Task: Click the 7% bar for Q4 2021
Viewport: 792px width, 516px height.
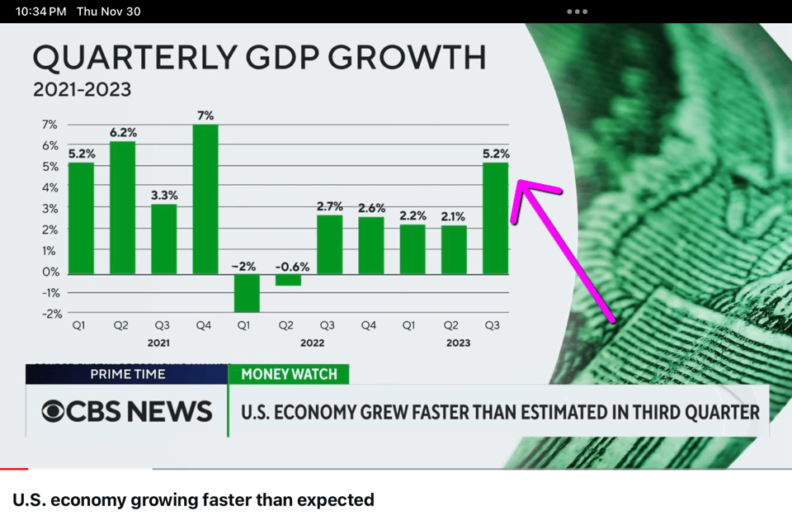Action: click(205, 198)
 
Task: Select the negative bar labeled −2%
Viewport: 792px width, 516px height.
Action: click(247, 292)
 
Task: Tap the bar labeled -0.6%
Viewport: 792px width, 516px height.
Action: click(288, 279)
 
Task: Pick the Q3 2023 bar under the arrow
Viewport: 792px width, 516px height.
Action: click(495, 218)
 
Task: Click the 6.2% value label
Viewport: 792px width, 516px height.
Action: click(123, 132)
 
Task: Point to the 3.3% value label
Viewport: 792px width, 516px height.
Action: click(164, 195)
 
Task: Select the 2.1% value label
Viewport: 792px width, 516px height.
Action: click(453, 216)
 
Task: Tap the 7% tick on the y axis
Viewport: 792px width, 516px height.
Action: click(49, 125)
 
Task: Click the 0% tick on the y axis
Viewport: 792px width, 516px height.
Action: click(50, 272)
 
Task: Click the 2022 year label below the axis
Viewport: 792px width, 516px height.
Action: click(312, 343)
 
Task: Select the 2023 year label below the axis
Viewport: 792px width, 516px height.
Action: click(457, 343)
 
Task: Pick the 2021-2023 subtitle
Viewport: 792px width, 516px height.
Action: click(82, 88)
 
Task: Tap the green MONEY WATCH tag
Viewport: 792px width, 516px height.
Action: click(289, 374)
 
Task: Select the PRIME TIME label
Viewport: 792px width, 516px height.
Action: click(127, 374)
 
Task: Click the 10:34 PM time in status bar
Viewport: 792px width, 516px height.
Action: click(40, 12)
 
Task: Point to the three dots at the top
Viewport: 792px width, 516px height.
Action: click(577, 12)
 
